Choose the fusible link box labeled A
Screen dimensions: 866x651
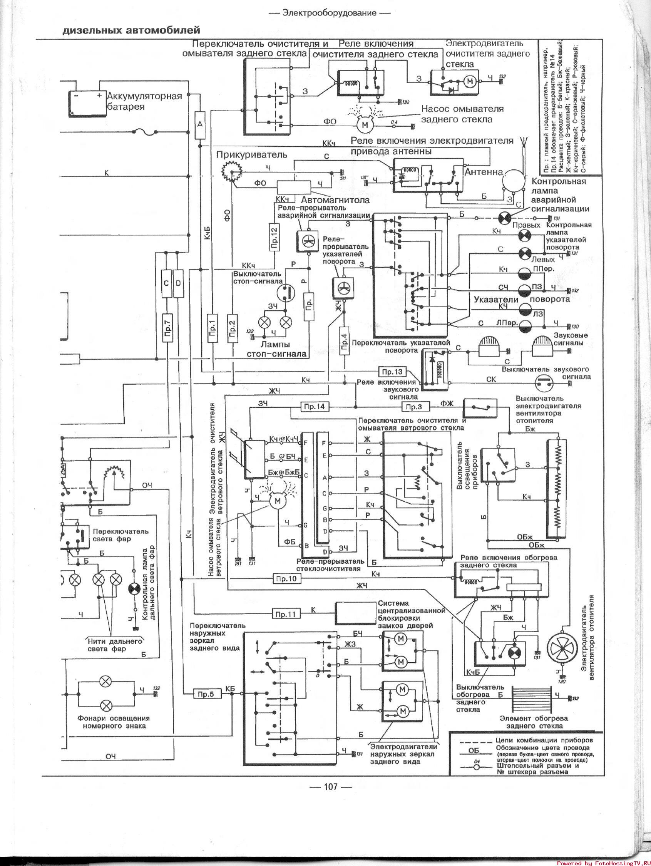click(x=200, y=124)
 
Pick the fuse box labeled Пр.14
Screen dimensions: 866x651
click(x=315, y=407)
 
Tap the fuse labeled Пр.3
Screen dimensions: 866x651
click(x=414, y=407)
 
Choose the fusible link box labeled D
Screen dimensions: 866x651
click(x=178, y=283)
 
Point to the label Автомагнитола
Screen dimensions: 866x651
click(x=335, y=200)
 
